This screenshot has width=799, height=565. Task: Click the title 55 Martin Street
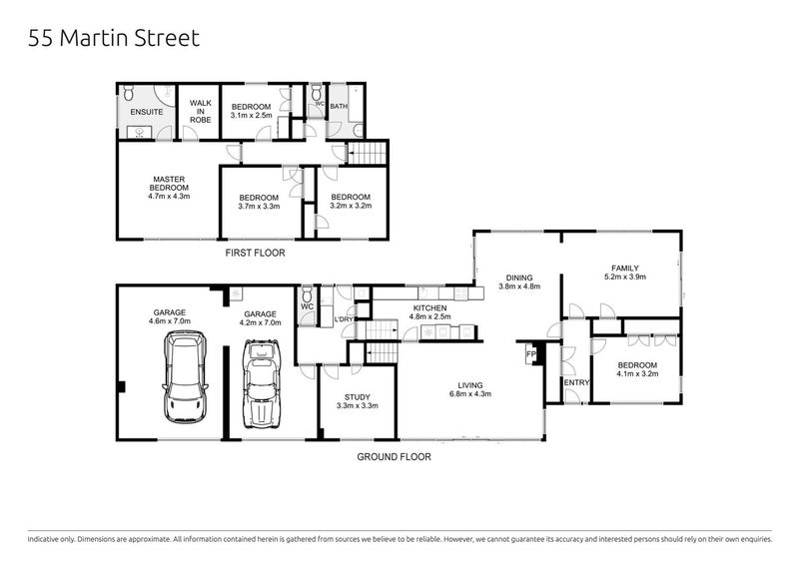coord(114,39)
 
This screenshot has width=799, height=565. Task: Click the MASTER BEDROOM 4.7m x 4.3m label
coord(168,189)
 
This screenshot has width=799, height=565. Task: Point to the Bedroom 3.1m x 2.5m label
coord(251,111)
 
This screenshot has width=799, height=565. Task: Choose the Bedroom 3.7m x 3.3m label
coord(258,202)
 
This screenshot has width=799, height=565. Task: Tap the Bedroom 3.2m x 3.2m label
coord(351,202)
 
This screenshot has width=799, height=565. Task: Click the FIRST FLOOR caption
coord(255,254)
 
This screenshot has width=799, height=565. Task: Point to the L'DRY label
coord(346,319)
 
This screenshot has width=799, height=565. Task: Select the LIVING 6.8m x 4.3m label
coord(470,389)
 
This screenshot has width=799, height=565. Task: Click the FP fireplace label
coord(529,353)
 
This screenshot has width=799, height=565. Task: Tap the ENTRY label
coord(575,382)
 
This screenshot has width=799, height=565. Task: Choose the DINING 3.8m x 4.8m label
coord(518,282)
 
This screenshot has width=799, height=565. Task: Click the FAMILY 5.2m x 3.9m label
coord(625,273)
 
